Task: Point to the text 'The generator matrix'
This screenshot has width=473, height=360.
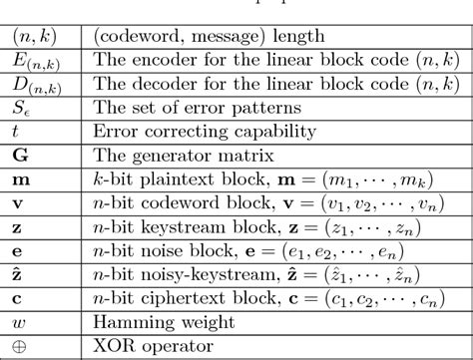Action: (163, 154)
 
